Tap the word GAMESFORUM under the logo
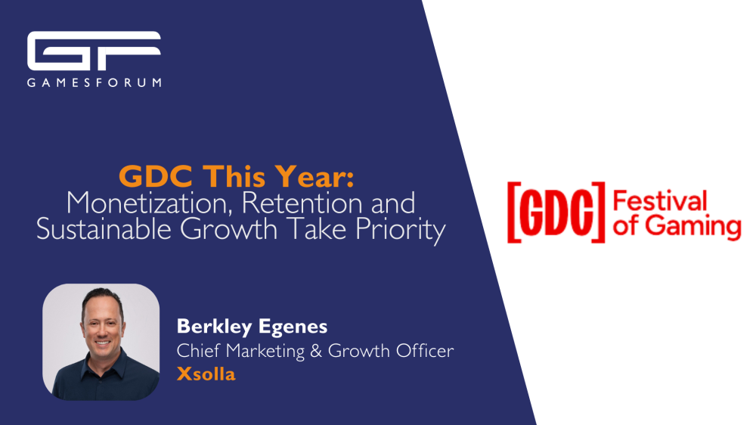[x=94, y=82]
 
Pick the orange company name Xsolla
[x=206, y=375]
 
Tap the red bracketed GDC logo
[x=556, y=212]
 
